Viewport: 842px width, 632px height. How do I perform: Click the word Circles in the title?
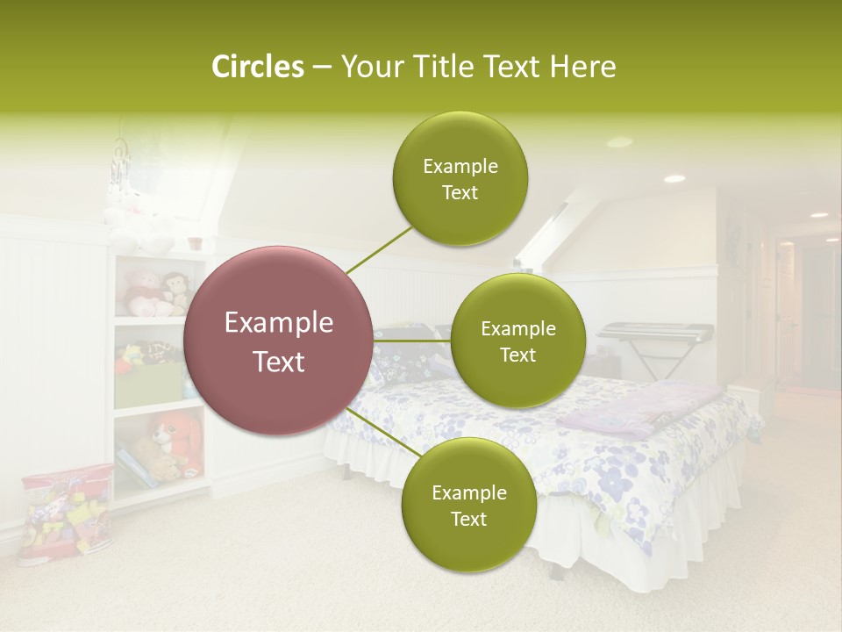click(x=257, y=67)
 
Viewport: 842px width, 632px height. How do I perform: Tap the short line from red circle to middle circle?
click(x=410, y=341)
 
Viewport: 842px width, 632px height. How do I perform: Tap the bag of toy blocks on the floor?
click(x=66, y=513)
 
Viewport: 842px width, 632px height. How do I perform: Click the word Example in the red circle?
click(x=278, y=323)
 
